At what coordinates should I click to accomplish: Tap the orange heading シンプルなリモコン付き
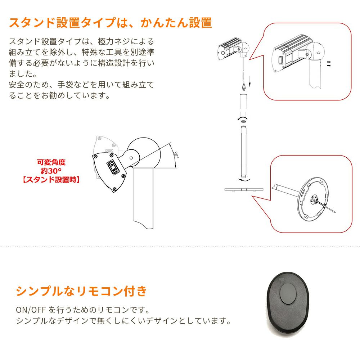click(81, 291)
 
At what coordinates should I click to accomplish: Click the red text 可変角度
click(51, 162)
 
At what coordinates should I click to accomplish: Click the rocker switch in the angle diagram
click(112, 167)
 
